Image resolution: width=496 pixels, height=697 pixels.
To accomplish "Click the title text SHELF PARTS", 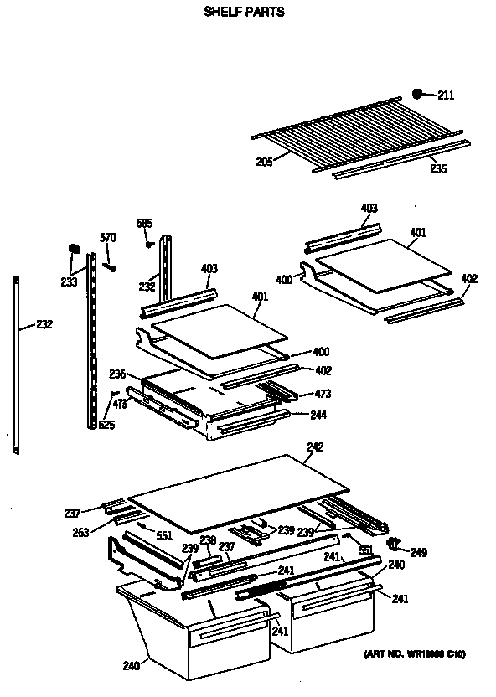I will [244, 13].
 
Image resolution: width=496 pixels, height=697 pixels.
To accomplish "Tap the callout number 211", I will [445, 96].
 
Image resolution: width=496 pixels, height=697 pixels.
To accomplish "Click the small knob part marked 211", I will [417, 94].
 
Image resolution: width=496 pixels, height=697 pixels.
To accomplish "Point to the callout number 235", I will [438, 169].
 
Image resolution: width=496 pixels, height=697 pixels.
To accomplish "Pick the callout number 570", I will [107, 238].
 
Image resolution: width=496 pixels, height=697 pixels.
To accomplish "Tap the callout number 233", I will [69, 281].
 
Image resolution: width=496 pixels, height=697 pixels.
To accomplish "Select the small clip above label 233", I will [73, 249].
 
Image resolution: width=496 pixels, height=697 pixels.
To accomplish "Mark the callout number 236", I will [117, 374].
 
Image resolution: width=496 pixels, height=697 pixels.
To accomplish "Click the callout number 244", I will [318, 415].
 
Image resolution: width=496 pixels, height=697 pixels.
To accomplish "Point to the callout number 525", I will [106, 425].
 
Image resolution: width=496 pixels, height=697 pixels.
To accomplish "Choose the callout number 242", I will [314, 448].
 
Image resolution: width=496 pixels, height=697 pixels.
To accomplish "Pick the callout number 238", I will [208, 540].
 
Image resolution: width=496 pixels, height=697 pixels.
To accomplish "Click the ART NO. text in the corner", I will [414, 654].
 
